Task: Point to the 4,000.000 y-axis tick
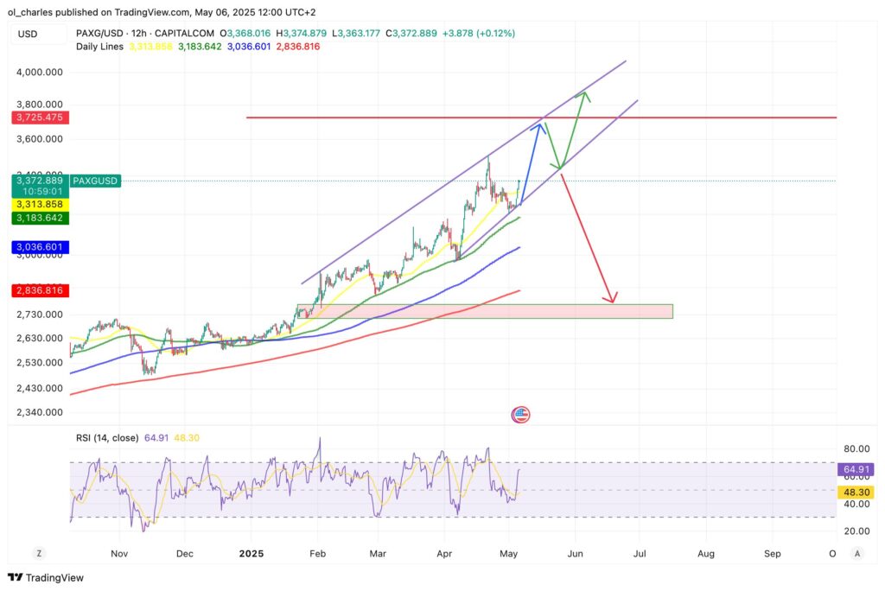41,73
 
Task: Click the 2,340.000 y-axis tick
41,412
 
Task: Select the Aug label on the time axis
706,553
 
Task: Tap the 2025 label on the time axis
251,553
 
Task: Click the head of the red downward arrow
612,301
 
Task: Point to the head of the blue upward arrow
541,126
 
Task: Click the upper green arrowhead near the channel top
585,93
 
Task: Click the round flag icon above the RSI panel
520,415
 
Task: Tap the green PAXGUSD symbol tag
96,181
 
